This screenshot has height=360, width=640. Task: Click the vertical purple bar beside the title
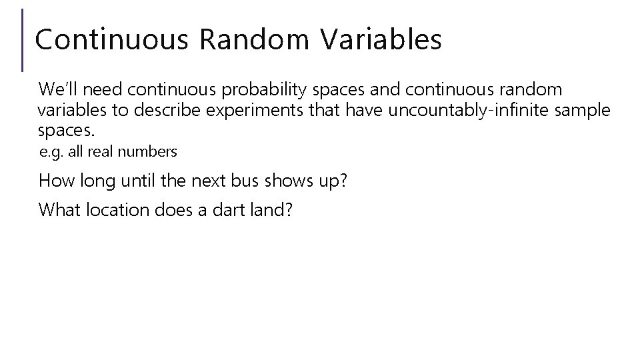point(23,40)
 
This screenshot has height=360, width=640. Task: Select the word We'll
point(59,89)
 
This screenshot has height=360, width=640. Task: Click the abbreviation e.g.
point(51,152)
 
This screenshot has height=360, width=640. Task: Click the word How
point(56,180)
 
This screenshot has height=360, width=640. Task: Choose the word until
point(135,180)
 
